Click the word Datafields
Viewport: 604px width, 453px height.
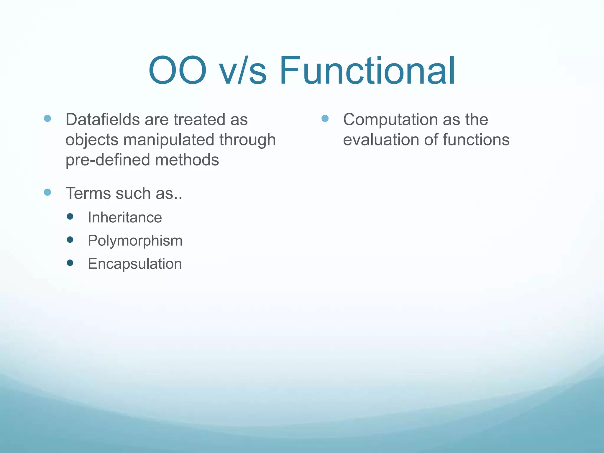click(x=102, y=120)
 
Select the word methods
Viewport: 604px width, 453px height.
click(x=187, y=160)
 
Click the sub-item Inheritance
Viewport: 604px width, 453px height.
click(x=125, y=218)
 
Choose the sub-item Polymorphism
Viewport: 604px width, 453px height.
click(x=135, y=241)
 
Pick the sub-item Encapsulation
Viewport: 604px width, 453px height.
click(x=135, y=264)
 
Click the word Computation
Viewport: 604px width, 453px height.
click(x=390, y=120)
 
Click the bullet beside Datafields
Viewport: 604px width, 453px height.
click(x=47, y=119)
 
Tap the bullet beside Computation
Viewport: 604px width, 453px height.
click(x=325, y=119)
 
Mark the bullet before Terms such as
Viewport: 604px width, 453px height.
click(x=47, y=192)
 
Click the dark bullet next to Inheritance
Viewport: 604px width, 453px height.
click(x=70, y=217)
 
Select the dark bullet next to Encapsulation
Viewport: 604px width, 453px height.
click(x=70, y=263)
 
